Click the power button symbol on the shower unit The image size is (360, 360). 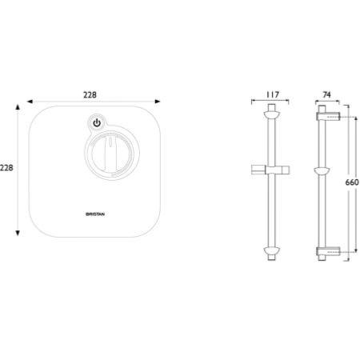point(97,123)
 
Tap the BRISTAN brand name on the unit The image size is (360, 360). point(95,214)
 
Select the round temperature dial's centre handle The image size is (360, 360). point(111,154)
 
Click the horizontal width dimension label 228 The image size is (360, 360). point(90,95)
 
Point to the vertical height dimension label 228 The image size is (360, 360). point(6,168)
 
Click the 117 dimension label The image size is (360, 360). point(272,94)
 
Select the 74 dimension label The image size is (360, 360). point(326,94)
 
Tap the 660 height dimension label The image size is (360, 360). point(352,182)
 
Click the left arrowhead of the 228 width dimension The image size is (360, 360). point(30,102)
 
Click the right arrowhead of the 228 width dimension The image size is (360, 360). point(158,102)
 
